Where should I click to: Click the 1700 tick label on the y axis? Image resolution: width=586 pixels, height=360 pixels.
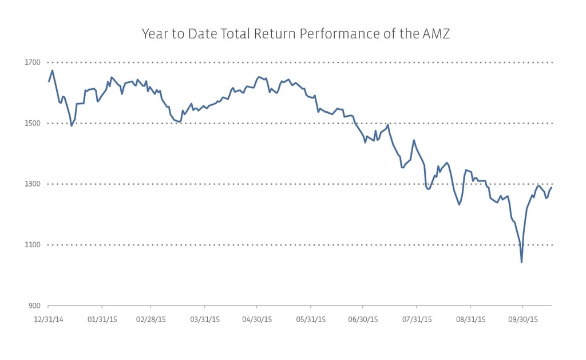33,62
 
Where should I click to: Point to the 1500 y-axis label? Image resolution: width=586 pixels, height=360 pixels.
33,123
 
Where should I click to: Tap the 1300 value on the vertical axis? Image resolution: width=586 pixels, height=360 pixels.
33,184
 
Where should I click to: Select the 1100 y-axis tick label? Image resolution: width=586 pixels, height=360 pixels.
33,245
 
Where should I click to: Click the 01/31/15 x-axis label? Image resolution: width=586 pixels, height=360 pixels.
102,319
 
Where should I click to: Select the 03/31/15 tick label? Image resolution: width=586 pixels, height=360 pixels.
205,319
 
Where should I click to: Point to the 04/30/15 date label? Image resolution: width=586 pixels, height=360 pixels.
257,319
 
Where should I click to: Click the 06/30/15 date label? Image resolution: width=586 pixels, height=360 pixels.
363,319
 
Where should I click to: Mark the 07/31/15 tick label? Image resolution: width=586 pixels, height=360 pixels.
417,319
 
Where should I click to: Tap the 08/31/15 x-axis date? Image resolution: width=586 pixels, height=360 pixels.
470,319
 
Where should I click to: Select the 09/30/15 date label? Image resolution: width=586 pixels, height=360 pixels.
523,319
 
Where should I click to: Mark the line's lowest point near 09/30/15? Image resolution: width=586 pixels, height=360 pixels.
521,262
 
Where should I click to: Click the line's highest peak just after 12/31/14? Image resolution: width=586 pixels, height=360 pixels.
52,71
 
